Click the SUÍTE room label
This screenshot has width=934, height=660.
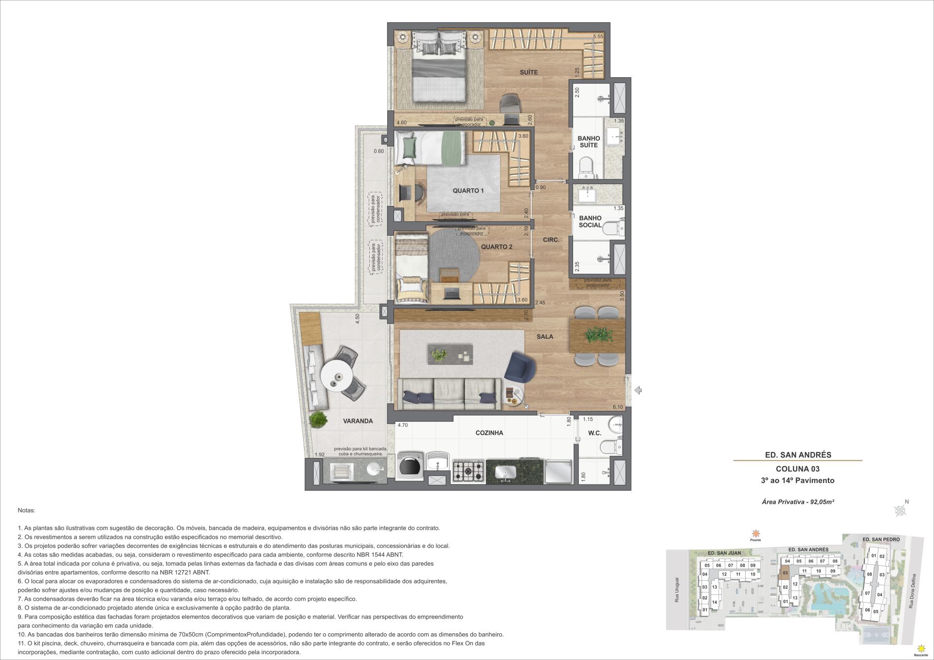[529, 72]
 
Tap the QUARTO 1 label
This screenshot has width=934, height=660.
[468, 191]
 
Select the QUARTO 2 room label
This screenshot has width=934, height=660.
[497, 247]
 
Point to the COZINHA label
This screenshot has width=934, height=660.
[489, 433]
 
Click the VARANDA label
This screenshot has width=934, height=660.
[358, 421]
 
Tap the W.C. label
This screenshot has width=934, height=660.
[594, 433]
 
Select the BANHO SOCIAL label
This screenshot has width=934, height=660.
[590, 222]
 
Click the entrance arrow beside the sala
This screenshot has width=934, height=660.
[638, 390]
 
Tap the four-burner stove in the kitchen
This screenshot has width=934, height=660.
[468, 470]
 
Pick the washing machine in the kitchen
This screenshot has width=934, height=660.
[409, 467]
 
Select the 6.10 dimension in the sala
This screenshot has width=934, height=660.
[617, 407]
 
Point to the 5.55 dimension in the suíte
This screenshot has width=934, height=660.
[598, 36]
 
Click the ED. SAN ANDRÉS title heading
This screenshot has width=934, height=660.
[798, 455]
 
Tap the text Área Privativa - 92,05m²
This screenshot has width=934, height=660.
[798, 502]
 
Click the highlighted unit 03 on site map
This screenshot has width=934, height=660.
[785, 573]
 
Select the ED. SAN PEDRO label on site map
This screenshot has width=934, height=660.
[880, 539]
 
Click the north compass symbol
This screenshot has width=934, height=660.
[900, 510]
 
